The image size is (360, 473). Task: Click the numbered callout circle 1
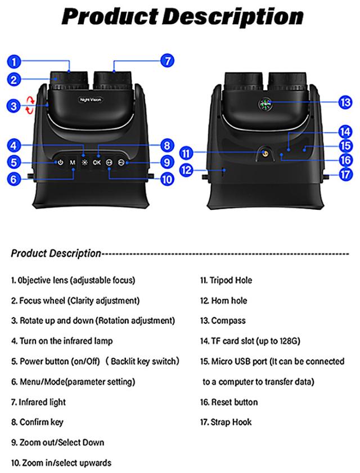14,62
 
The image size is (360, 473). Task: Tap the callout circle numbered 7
167,61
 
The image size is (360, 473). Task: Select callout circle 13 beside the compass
345,102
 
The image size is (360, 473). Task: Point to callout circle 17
345,174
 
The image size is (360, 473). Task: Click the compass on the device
265,105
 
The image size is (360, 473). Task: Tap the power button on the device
60,163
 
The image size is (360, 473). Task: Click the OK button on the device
97,163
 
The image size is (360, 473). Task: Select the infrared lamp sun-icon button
85,163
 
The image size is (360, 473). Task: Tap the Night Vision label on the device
91,100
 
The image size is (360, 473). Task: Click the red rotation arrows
30,105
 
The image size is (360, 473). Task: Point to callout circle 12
186,170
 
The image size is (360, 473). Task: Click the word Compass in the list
228,321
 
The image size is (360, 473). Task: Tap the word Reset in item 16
222,402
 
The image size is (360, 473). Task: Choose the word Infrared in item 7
33,402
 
